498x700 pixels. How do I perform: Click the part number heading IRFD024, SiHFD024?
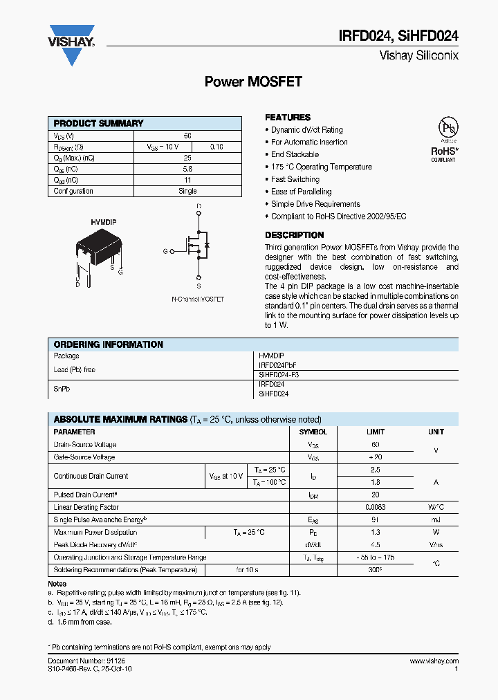click(398, 37)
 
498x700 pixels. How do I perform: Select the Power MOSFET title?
click(253, 82)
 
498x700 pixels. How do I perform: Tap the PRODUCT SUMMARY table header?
click(98, 123)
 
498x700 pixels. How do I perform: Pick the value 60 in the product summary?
click(187, 136)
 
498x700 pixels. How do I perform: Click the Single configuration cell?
click(187, 191)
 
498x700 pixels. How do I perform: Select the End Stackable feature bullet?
click(295, 154)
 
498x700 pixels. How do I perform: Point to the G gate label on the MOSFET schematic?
click(165, 251)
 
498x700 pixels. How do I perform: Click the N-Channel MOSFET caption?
click(198, 299)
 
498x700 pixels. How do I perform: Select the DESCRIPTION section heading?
click(294, 235)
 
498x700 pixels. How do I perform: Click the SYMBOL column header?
click(313, 432)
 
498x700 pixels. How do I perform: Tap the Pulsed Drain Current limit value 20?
click(376, 495)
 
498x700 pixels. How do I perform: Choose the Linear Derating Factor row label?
click(86, 507)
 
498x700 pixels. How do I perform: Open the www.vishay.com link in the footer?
click(434, 661)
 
